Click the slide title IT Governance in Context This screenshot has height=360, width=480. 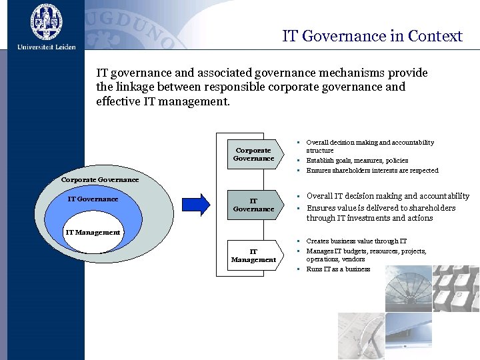click(x=372, y=36)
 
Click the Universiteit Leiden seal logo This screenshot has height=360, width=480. click(x=46, y=21)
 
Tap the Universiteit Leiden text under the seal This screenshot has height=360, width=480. click(x=47, y=47)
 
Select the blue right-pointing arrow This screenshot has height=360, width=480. click(x=197, y=204)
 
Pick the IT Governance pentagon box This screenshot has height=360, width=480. click(x=252, y=205)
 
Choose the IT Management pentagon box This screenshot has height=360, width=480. click(x=252, y=255)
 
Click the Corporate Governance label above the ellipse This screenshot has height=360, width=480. click(x=100, y=179)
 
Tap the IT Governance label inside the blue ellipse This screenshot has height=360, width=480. click(x=93, y=199)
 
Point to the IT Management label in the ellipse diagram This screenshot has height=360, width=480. click(x=93, y=232)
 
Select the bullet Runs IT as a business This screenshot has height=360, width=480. click(x=338, y=269)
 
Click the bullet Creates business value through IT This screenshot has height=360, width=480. click(x=356, y=241)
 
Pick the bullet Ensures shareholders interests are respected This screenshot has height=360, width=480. click(x=372, y=171)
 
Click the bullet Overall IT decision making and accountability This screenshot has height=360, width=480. click(x=387, y=196)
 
